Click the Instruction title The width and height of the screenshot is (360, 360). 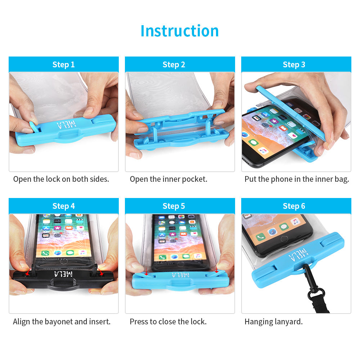(180, 31)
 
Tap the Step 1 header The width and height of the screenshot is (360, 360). (64, 64)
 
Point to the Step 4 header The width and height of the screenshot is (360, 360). (64, 206)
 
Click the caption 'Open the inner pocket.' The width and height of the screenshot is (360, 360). (168, 179)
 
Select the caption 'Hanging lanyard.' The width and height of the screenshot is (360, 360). (274, 322)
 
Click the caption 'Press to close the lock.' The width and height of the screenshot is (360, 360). (168, 321)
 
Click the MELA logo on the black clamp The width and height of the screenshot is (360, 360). (63, 274)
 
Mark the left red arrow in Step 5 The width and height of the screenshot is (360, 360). (146, 271)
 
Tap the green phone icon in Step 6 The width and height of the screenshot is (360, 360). (260, 237)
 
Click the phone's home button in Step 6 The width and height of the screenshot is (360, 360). (284, 239)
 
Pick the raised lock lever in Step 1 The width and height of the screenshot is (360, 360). (35, 127)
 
